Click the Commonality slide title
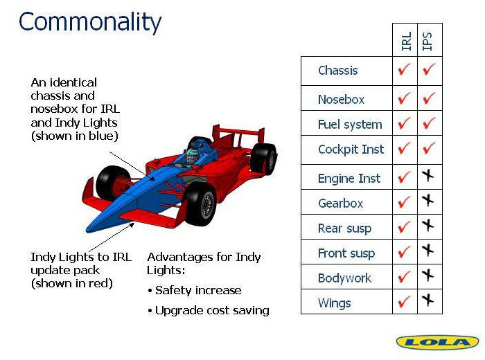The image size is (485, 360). (x=90, y=21)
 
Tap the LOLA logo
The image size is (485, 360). (x=437, y=343)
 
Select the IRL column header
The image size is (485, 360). (x=406, y=41)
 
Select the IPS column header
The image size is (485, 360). (x=427, y=41)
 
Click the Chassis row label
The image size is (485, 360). (x=338, y=71)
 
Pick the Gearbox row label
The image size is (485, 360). (x=341, y=204)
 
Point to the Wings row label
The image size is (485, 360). (x=335, y=303)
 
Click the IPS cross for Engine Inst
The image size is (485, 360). (x=428, y=176)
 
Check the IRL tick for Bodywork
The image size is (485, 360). (x=404, y=276)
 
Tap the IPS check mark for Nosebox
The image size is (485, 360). (x=430, y=98)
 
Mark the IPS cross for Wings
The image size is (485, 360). (x=428, y=300)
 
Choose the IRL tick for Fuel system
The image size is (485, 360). (x=404, y=123)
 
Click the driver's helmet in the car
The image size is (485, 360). (x=193, y=156)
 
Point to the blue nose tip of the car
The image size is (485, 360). (x=89, y=229)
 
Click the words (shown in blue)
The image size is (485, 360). (x=75, y=136)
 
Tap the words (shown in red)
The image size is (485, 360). (x=72, y=283)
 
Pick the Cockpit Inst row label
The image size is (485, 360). (x=351, y=150)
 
